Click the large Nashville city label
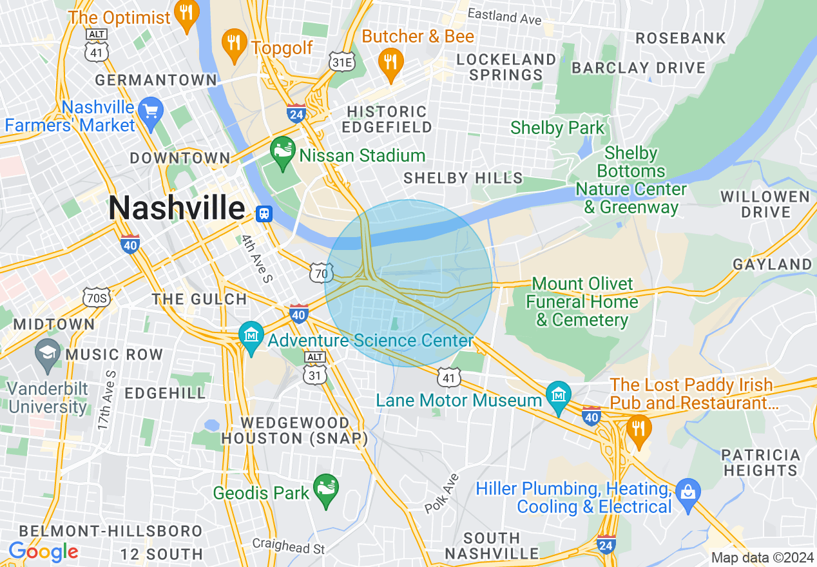177,208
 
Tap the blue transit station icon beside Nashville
263,213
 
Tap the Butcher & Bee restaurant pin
390,62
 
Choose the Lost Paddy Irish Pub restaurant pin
638,430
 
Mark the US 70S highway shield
97,297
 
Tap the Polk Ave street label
442,494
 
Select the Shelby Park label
557,128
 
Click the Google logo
43,552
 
